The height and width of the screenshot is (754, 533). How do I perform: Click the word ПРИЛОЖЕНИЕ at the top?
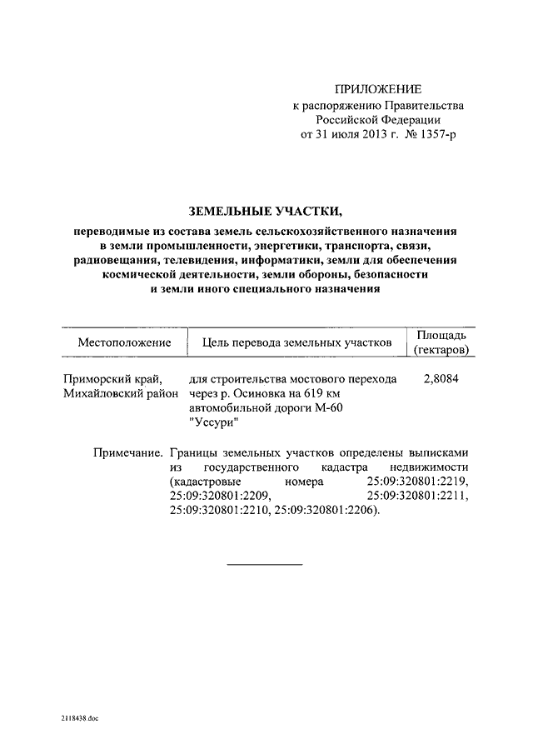378,89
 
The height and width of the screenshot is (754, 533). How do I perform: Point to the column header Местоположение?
125,342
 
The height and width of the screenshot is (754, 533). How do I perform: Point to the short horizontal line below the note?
266,565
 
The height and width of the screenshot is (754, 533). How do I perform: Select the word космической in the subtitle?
141,274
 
